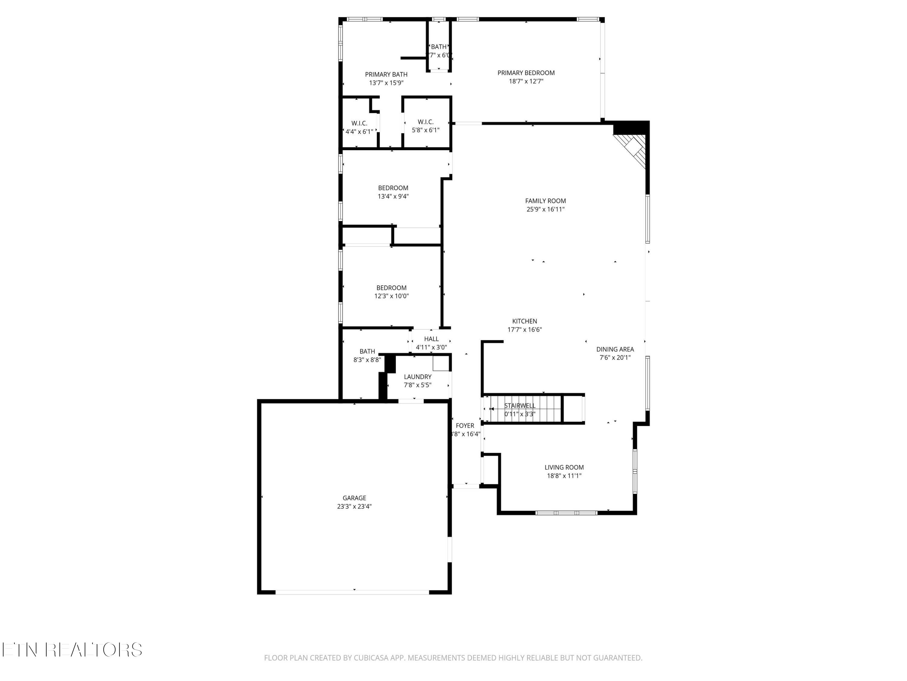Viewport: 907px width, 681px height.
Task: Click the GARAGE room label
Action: tap(354, 498)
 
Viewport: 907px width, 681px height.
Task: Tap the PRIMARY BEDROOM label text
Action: tap(526, 73)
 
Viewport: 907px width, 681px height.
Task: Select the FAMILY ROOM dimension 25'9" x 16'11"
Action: tap(545, 209)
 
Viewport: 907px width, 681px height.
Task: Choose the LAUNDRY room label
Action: tap(418, 377)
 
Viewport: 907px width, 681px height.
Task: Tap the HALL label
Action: tap(431, 339)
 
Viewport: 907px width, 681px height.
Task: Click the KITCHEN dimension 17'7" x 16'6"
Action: tap(525, 330)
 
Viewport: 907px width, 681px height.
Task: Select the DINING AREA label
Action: tap(615, 349)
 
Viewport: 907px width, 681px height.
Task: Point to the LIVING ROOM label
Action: tap(564, 467)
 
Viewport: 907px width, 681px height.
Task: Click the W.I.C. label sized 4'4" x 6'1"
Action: tap(359, 123)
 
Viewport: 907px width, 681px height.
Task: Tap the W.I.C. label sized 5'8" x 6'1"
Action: tap(426, 122)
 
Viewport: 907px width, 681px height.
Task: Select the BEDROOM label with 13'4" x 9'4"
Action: tap(393, 188)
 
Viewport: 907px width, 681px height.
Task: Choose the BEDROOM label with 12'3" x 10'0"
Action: tap(391, 288)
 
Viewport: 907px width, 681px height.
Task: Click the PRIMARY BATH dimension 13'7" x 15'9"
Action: tap(386, 83)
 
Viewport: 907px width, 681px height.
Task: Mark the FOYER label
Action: tap(465, 426)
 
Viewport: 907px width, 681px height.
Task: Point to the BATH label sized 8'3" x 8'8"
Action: tap(367, 351)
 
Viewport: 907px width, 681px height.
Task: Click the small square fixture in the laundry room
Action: tap(440, 363)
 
